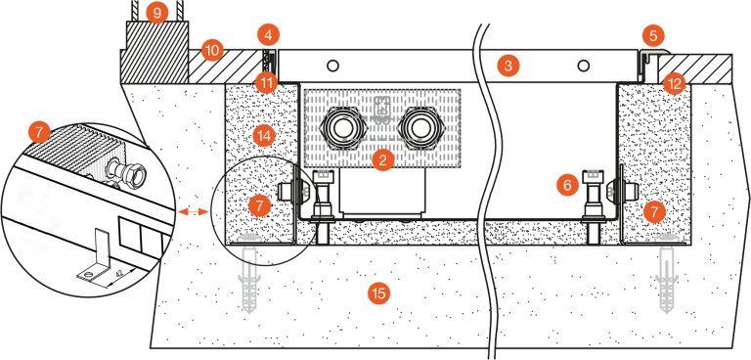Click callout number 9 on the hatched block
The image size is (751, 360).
point(156,13)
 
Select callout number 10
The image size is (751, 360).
point(212,51)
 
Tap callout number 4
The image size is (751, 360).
point(268,35)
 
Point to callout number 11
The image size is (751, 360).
point(266,83)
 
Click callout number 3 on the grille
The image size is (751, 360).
point(508,66)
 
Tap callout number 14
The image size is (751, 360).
point(264,136)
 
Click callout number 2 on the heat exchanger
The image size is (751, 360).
point(382,160)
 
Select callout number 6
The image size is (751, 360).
point(567,185)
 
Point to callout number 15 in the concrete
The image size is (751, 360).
point(378,292)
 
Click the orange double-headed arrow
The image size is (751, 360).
point(193,211)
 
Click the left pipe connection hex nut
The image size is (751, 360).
point(342,128)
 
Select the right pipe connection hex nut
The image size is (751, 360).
point(414,128)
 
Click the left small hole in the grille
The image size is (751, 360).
point(333,66)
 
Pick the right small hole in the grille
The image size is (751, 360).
point(583,66)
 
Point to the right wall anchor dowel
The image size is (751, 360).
point(668,273)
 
